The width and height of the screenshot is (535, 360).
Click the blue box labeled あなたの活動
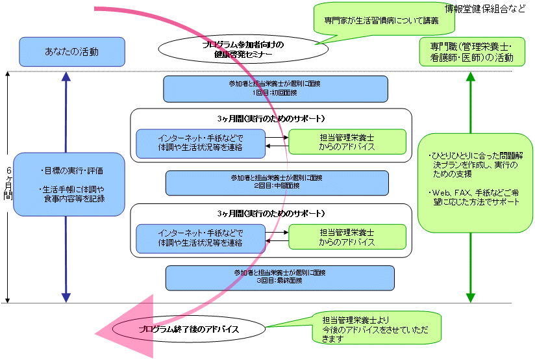pyautogui.click(x=71, y=51)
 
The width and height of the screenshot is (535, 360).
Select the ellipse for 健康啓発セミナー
pyautogui.click(x=240, y=49)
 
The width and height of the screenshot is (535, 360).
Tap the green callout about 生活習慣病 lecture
pyautogui.click(x=383, y=19)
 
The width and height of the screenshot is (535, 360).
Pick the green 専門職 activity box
pyautogui.click(x=471, y=52)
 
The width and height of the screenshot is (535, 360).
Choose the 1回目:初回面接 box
pyautogui.click(x=275, y=88)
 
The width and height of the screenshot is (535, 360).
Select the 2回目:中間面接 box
pyautogui.click(x=277, y=183)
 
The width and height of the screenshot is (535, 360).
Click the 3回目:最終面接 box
pyautogui.click(x=280, y=277)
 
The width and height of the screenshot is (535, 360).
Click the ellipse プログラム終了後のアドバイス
pyautogui.click(x=189, y=329)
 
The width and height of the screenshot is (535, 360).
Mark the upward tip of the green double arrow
pyautogui.click(x=471, y=75)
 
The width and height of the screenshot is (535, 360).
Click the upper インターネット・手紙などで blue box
pyautogui.click(x=201, y=143)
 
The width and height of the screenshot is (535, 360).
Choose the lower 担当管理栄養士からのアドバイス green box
pyautogui.click(x=347, y=237)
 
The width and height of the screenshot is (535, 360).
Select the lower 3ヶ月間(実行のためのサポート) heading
pyautogui.click(x=271, y=213)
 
